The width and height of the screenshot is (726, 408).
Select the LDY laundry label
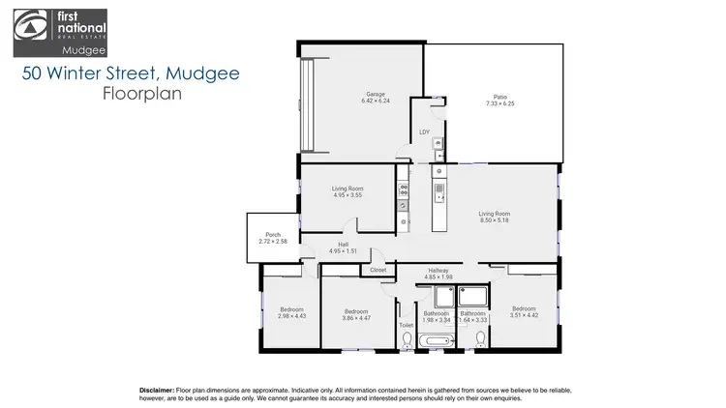pyautogui.click(x=424, y=133)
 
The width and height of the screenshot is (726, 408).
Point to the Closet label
pyautogui.click(x=378, y=270)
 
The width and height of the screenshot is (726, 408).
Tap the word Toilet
pyautogui.click(x=407, y=325)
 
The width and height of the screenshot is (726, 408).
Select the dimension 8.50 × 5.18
pyautogui.click(x=494, y=220)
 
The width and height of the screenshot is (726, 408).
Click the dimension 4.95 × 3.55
pyautogui.click(x=348, y=196)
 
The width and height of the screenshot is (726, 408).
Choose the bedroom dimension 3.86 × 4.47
pyautogui.click(x=357, y=318)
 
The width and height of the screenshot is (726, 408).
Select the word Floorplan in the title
pyautogui.click(x=141, y=95)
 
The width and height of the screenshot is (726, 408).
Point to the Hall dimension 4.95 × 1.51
pyautogui.click(x=344, y=251)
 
